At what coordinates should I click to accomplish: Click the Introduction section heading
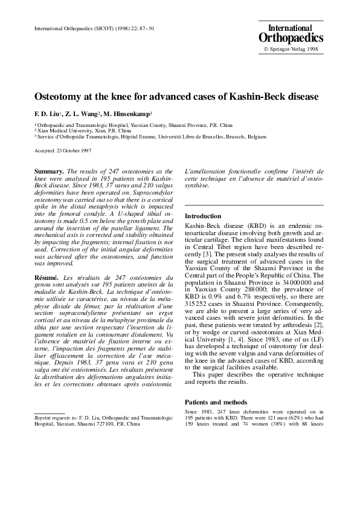(203, 216)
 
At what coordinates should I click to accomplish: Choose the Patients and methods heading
(216, 402)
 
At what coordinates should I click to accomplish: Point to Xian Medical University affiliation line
(84, 130)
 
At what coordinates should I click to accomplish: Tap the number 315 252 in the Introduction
(196, 303)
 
